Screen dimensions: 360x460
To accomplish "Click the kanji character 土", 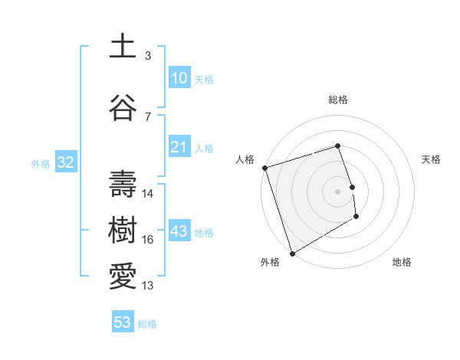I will (x=123, y=46).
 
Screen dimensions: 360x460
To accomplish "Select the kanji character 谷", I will (x=123, y=107).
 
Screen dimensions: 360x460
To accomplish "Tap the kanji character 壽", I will (x=123, y=185).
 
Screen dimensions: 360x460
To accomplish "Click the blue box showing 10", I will (x=179, y=78).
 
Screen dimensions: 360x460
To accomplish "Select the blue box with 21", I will (x=179, y=147).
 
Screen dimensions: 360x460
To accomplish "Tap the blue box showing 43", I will (x=179, y=231).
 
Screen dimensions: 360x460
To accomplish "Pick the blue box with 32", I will (x=64, y=162).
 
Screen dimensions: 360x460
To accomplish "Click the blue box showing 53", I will (x=123, y=322).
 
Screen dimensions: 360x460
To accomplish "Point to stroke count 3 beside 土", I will (x=148, y=56).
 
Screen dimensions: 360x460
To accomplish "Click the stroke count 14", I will (x=148, y=194).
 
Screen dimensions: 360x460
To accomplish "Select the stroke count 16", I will (x=148, y=240).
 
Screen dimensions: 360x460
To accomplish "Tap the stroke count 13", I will (x=148, y=286).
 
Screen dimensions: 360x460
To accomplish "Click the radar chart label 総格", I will (x=338, y=100).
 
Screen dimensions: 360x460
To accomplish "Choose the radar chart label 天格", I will (x=432, y=159).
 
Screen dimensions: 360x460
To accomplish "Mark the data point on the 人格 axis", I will (x=264, y=168).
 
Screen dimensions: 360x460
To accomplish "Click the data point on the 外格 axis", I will (x=292, y=253).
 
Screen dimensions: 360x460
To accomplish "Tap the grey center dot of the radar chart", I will (x=338, y=191).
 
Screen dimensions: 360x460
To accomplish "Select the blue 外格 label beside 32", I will (x=41, y=163).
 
